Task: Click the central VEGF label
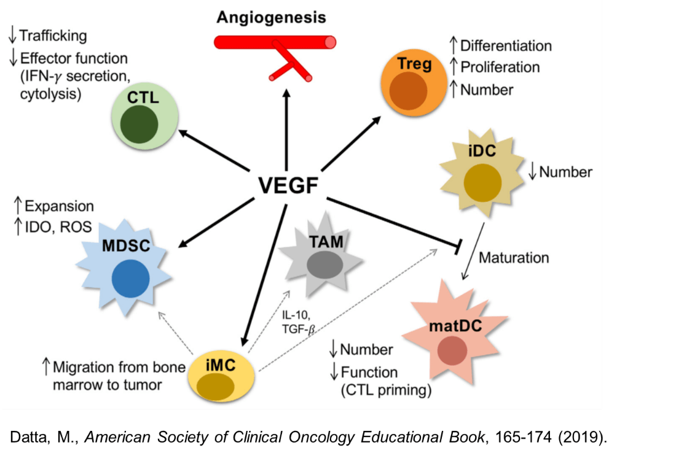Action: pyautogui.click(x=288, y=184)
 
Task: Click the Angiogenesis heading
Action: pyautogui.click(x=271, y=17)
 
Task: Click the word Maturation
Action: pyautogui.click(x=513, y=257)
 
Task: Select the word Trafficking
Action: pyautogui.click(x=53, y=36)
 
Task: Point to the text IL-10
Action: pyautogui.click(x=294, y=315)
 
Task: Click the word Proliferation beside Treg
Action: pyautogui.click(x=500, y=67)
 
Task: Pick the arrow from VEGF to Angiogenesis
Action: pyautogui.click(x=286, y=129)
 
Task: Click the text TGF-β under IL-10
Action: pyautogui.click(x=298, y=329)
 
